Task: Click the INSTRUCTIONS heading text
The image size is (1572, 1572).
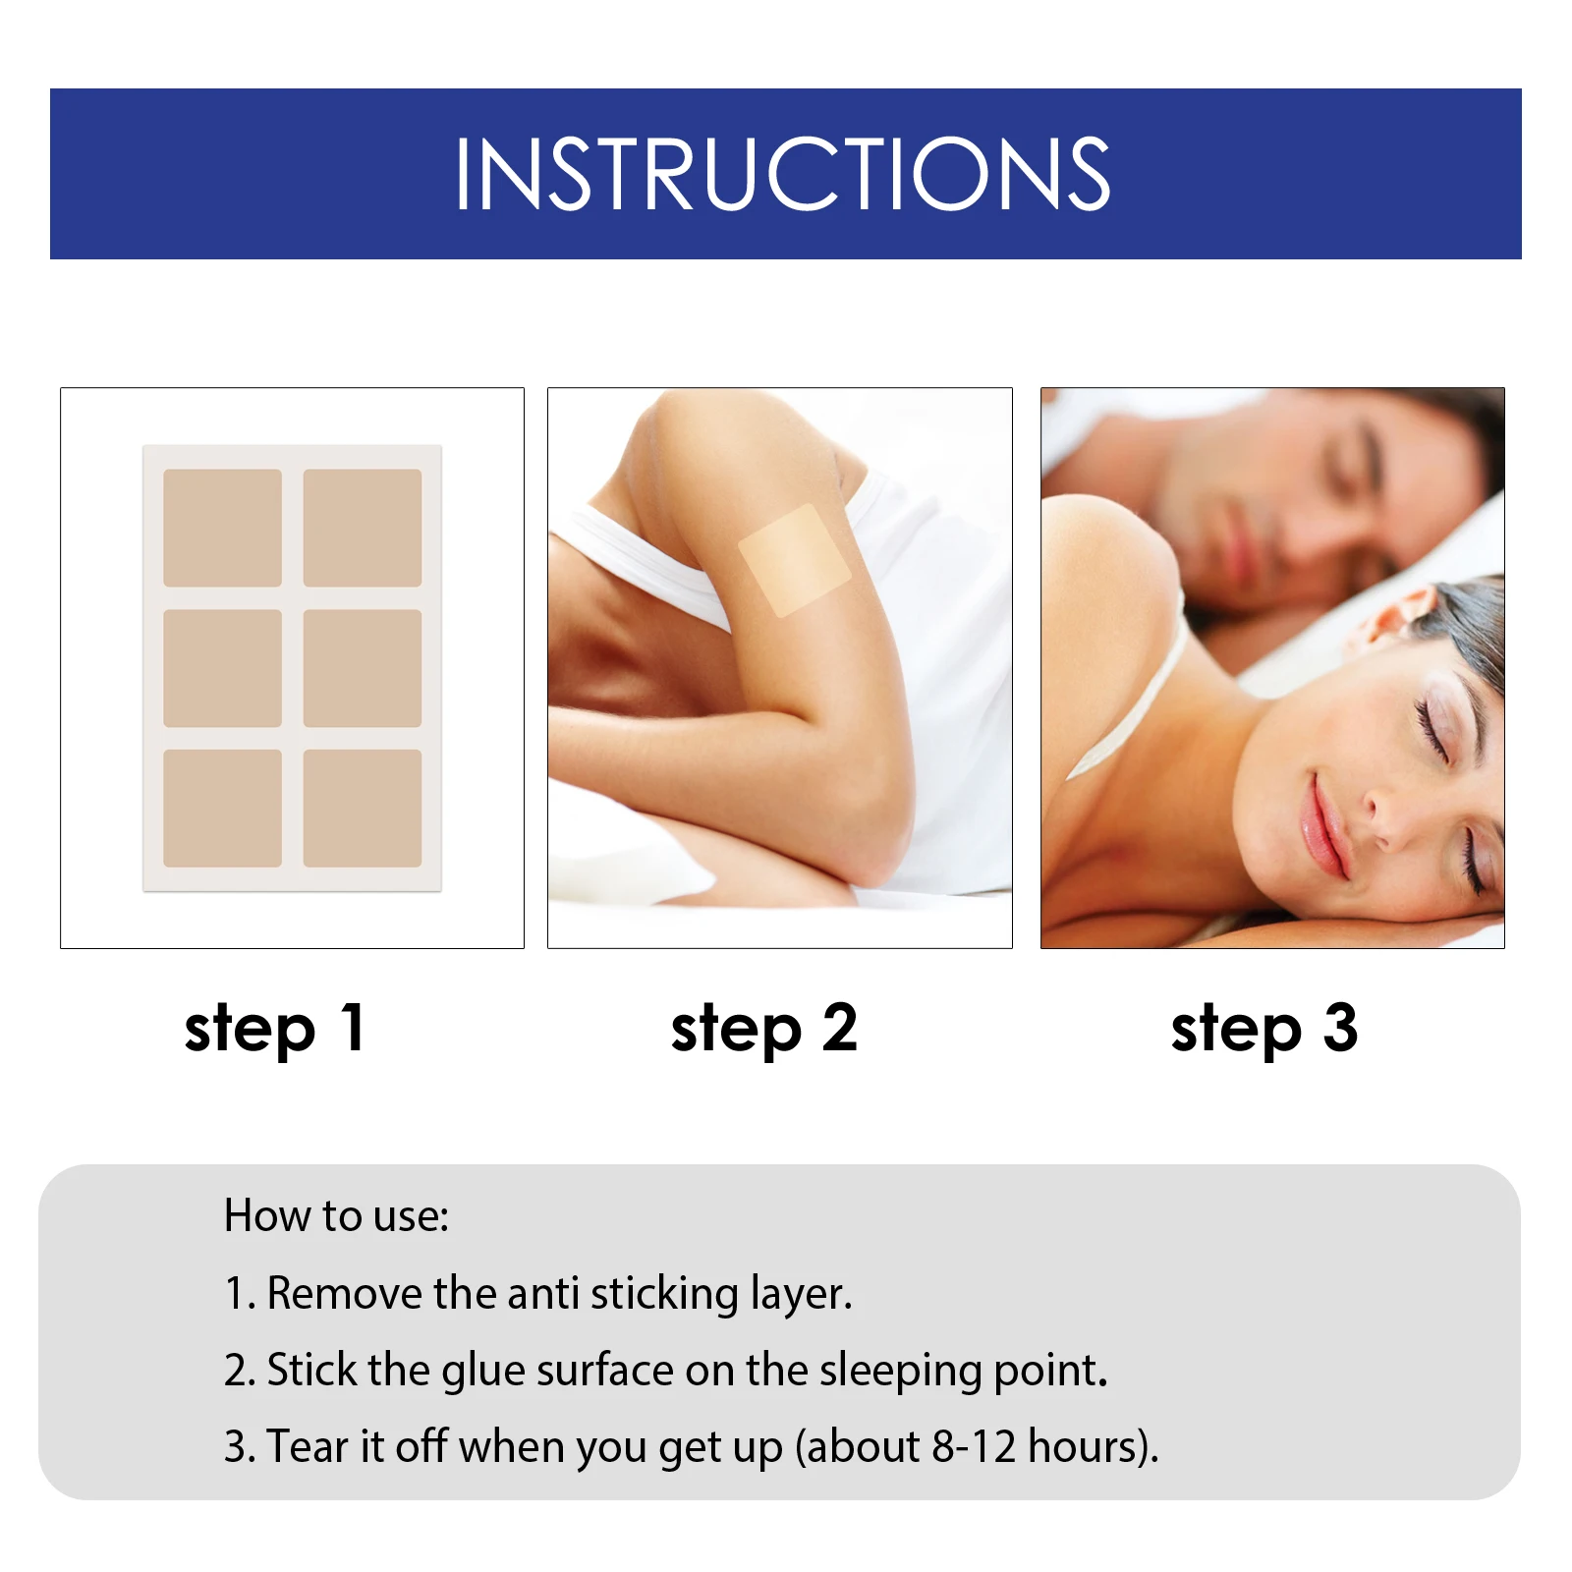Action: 782,174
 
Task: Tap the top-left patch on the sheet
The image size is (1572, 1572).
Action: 222,528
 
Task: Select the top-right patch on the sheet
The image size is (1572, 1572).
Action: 363,528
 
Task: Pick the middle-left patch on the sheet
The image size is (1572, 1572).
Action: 222,668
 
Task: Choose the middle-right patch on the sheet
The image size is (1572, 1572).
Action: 363,668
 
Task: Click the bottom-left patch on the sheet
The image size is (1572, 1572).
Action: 222,809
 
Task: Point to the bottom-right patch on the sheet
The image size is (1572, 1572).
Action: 363,809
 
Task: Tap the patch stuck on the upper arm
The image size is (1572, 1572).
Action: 794,560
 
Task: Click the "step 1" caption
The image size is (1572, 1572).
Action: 275,1029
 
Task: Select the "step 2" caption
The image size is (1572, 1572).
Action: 764,1029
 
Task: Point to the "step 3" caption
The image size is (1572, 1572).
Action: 1264,1029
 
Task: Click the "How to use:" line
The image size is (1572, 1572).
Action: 336,1216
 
